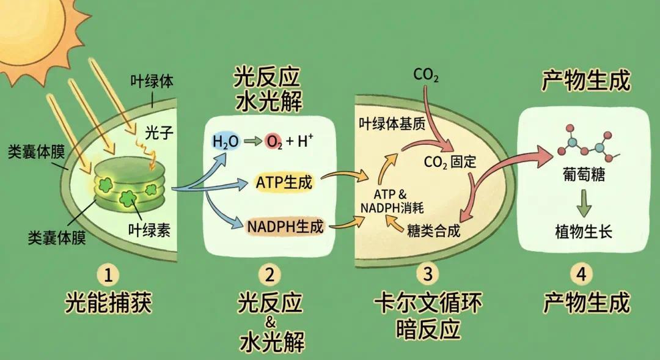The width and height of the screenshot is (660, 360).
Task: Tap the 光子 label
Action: pos(159,133)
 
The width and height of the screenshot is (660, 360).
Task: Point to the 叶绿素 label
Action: pos(150,230)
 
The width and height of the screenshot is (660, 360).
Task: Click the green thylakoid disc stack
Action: pos(129,185)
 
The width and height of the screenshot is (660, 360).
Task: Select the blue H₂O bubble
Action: pos(226,142)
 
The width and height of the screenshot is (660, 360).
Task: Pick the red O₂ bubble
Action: pos(274,142)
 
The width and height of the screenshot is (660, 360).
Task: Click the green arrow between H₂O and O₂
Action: pos(252,141)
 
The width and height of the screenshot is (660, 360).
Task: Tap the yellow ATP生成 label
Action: pos(284,182)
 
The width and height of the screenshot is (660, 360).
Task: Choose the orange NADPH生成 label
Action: pos(285,227)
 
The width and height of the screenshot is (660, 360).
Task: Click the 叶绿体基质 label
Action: pos(392,123)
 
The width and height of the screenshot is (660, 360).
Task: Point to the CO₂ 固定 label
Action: pos(450,162)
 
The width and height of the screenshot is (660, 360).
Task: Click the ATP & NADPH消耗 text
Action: pos(392,201)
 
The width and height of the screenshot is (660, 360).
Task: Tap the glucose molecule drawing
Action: pos(588,144)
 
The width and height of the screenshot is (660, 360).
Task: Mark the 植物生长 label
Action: pos(584,232)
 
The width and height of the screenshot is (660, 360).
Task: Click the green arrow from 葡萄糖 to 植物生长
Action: pos(584,203)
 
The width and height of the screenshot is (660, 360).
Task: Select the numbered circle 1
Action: pos(108,274)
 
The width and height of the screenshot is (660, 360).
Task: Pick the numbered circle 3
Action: pos(427,274)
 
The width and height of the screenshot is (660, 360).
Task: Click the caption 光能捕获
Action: pos(108,303)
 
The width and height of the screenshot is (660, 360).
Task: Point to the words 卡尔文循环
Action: pos(428,303)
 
